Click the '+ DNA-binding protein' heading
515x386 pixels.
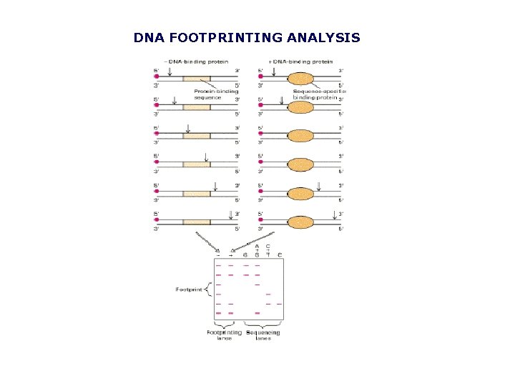(x=299, y=62)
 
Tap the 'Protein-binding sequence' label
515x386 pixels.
(x=212, y=94)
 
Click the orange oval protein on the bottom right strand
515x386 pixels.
(x=301, y=222)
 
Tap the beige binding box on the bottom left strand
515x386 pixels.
(x=197, y=222)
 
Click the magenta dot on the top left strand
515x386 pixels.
(x=156, y=74)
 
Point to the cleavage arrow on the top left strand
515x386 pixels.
(x=169, y=69)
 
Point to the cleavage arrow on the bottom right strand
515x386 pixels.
(x=334, y=214)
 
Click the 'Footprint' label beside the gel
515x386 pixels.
(x=190, y=289)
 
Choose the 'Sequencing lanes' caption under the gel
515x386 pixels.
(x=263, y=335)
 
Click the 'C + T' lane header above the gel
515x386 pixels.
(x=268, y=249)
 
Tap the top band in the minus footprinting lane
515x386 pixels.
(x=219, y=265)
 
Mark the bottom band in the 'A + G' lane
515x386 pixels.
(x=257, y=313)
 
